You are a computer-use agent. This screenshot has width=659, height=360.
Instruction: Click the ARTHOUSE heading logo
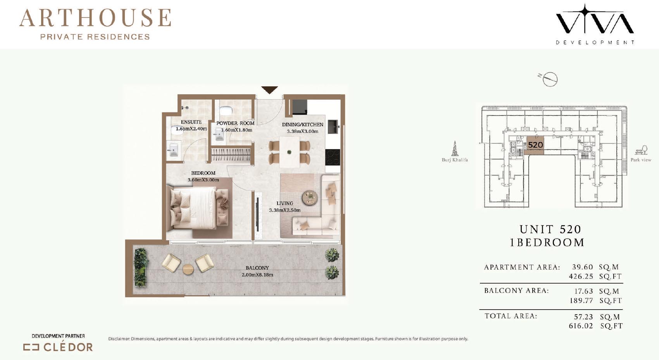(95, 24)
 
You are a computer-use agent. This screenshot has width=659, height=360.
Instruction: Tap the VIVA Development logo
(595, 24)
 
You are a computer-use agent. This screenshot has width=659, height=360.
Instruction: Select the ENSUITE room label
(191, 122)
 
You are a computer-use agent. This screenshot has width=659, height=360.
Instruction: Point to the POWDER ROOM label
(235, 123)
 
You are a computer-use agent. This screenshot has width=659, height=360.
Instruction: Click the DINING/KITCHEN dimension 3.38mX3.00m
(303, 131)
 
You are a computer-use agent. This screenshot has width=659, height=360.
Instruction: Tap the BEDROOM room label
(203, 173)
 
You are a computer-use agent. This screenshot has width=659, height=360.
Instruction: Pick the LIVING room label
(285, 203)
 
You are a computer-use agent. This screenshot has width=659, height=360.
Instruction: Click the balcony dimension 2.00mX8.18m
(257, 275)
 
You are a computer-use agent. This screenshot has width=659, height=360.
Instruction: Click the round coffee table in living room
(310, 197)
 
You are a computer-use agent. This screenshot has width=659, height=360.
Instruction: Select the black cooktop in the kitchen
(333, 157)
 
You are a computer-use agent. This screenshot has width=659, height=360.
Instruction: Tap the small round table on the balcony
(188, 269)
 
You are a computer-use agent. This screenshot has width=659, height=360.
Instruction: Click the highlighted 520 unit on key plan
(535, 145)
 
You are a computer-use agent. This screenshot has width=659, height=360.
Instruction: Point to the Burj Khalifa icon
(455, 148)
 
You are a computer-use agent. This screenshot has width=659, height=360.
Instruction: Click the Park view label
(641, 160)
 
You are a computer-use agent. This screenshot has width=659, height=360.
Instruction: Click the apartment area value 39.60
(583, 267)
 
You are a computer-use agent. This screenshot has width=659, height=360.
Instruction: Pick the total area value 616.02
(581, 326)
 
